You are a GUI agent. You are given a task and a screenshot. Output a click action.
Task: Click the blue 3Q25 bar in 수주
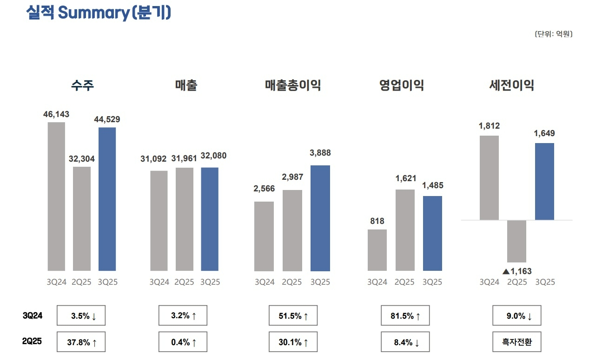tap(107, 199)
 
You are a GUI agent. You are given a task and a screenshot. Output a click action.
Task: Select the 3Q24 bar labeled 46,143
tap(56, 196)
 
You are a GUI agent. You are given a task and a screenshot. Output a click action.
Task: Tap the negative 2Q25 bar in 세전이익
tap(516, 241)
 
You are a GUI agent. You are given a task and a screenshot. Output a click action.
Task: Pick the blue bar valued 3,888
tap(320, 218)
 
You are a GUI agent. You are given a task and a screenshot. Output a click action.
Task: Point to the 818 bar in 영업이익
tap(377, 250)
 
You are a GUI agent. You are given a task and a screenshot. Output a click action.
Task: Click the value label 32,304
tap(82, 159)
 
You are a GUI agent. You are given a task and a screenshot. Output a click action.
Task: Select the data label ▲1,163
tap(517, 271)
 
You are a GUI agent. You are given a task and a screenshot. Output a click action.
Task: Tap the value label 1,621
tap(406, 178)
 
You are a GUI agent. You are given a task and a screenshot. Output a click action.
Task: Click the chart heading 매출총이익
tap(293, 85)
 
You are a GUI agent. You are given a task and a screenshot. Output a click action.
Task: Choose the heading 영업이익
tap(401, 85)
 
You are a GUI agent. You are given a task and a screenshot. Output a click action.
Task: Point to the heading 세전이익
tap(511, 85)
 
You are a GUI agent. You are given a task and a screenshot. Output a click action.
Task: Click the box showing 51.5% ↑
tap(293, 316)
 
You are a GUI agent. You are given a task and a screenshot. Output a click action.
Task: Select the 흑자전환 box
tap(517, 343)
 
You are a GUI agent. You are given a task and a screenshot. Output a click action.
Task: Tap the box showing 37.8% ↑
tap(81, 343)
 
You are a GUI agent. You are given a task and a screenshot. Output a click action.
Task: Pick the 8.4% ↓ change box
tap(405, 343)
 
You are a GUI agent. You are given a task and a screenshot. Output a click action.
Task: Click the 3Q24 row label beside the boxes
tap(33, 316)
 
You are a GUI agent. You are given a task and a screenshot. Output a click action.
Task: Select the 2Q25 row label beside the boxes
tap(33, 341)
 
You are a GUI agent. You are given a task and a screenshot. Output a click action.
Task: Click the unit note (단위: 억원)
tap(553, 34)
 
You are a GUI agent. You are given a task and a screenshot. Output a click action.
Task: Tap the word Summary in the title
tap(93, 13)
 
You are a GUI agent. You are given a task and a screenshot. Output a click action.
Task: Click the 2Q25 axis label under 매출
tap(185, 282)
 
